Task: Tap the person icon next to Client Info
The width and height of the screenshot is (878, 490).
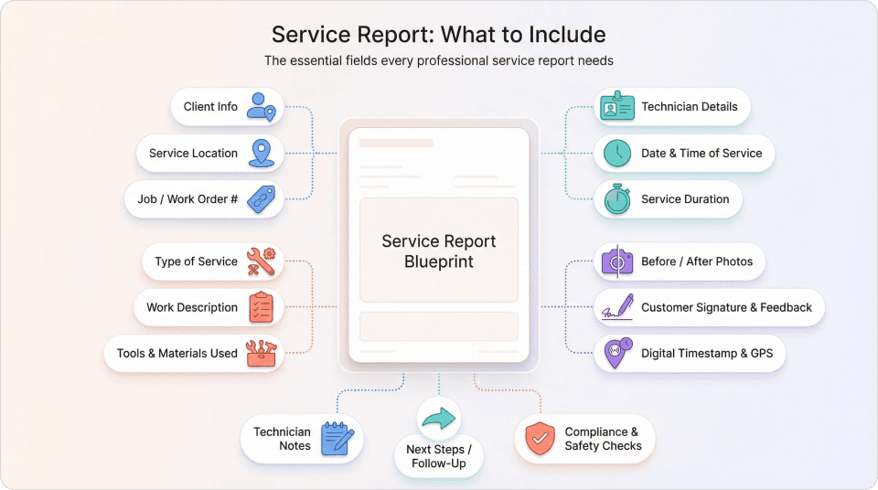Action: (x=261, y=106)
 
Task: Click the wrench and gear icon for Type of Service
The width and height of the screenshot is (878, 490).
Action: (x=261, y=261)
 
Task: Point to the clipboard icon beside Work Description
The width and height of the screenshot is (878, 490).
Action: (x=262, y=307)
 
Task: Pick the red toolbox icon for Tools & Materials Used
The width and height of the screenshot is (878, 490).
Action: (x=262, y=354)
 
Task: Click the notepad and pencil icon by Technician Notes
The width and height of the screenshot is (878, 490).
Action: (x=337, y=439)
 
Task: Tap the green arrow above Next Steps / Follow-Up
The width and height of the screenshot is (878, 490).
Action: (x=439, y=419)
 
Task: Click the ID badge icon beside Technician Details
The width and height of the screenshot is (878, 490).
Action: (x=616, y=107)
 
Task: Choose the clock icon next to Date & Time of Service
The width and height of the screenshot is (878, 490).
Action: (x=617, y=153)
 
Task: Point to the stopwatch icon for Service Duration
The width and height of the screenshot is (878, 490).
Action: (x=617, y=199)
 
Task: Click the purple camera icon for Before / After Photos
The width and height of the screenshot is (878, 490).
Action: (x=617, y=261)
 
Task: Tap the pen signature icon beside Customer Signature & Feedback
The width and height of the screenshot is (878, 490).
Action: (x=617, y=307)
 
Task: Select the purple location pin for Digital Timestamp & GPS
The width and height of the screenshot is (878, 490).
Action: (x=617, y=354)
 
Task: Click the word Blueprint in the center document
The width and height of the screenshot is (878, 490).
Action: (x=439, y=262)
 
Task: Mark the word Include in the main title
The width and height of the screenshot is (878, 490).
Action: (x=567, y=35)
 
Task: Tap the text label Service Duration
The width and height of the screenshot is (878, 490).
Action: (x=685, y=199)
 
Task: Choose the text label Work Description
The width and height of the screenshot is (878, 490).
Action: (x=192, y=307)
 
